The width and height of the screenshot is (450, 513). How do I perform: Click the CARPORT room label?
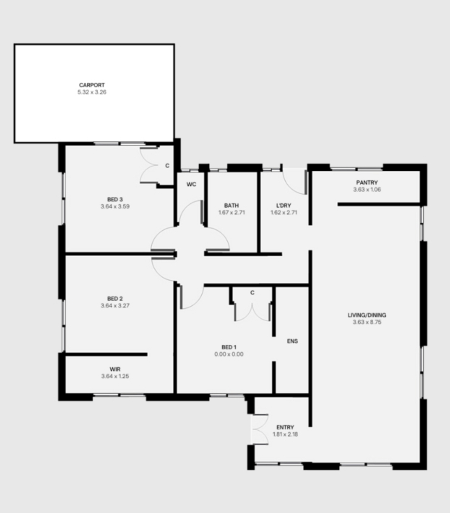click(x=92, y=85)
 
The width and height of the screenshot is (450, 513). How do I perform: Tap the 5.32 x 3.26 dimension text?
click(x=92, y=92)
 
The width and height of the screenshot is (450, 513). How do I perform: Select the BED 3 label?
click(x=115, y=200)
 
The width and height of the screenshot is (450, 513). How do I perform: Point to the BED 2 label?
click(x=115, y=299)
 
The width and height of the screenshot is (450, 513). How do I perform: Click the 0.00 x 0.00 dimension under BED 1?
click(x=229, y=354)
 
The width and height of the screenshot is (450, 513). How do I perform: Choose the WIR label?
click(x=115, y=369)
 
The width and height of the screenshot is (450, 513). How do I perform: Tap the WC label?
click(x=191, y=185)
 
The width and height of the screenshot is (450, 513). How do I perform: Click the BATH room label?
click(x=231, y=205)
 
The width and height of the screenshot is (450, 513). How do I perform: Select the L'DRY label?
click(x=284, y=205)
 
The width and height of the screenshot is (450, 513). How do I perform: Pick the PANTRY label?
click(x=367, y=182)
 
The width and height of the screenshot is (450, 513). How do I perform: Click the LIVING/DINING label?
click(x=367, y=315)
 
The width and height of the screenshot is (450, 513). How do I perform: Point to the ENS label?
click(x=293, y=341)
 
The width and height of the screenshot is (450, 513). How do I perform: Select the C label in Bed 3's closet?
click(x=167, y=165)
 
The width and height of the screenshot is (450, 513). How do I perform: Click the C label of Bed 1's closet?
click(x=252, y=293)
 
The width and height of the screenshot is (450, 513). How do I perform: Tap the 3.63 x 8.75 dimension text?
click(x=367, y=322)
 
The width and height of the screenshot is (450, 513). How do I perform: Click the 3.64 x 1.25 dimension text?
click(x=115, y=376)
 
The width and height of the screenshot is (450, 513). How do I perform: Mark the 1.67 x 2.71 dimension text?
click(x=232, y=212)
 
